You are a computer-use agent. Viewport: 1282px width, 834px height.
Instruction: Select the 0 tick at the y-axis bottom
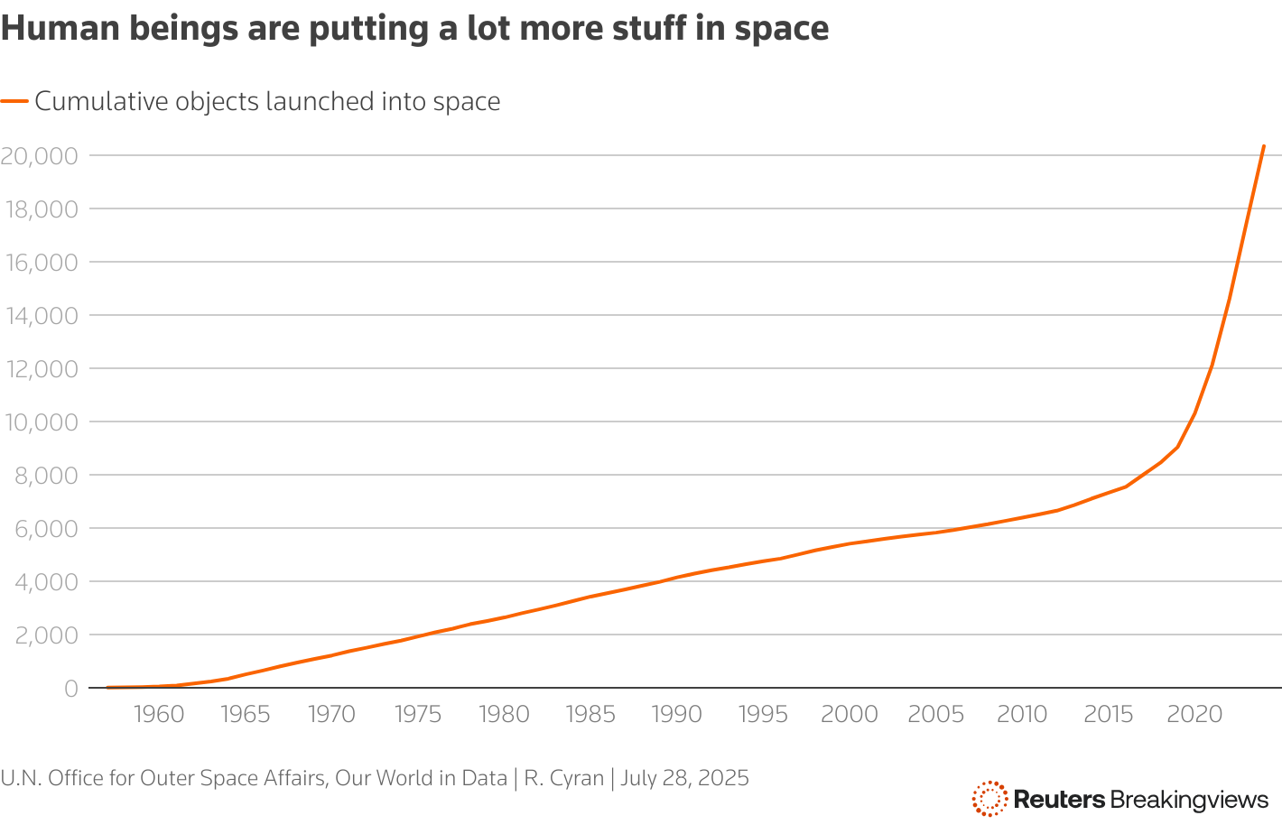(70, 689)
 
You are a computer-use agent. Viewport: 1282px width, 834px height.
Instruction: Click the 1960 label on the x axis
(159, 715)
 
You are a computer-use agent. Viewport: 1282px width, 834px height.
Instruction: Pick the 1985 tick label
(590, 715)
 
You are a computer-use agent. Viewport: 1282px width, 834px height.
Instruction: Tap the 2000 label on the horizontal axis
(850, 715)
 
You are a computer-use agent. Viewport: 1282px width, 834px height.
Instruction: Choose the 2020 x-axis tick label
(1194, 715)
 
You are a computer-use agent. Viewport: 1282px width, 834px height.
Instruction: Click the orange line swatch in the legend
(14, 102)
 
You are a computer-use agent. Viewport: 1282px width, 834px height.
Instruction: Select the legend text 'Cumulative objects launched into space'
(267, 102)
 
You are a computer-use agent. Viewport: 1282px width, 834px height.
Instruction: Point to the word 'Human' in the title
(49, 29)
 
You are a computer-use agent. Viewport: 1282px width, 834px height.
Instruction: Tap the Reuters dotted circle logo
(989, 799)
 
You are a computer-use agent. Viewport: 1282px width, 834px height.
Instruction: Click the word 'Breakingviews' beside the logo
(1189, 800)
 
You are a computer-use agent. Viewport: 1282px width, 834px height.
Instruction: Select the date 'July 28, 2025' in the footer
(684, 778)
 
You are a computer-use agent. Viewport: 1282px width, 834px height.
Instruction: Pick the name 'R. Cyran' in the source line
(563, 778)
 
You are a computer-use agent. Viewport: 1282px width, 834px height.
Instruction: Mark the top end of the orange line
(1263, 146)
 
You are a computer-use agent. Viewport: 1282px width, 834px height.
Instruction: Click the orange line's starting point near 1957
(107, 687)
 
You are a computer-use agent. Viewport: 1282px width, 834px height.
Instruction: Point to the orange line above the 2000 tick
(850, 543)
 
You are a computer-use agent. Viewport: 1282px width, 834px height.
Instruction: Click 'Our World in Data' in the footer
(421, 778)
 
